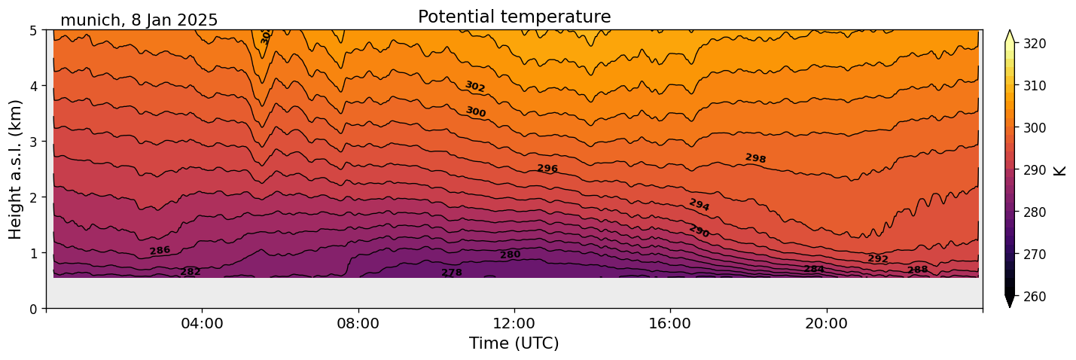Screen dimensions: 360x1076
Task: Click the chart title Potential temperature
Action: coord(514,17)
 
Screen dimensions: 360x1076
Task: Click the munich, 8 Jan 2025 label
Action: coord(139,20)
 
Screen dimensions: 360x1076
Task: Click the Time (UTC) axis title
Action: coord(514,343)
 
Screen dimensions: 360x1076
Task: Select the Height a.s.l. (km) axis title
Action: coord(16,169)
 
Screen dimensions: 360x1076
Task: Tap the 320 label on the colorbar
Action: coord(1034,44)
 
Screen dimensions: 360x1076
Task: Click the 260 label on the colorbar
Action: coord(1034,297)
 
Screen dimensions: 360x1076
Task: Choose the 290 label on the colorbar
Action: coord(1034,170)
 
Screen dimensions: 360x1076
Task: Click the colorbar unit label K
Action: coord(1060,170)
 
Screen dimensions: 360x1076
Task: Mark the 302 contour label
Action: coord(475,87)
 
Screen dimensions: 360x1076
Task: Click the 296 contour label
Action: coord(547,169)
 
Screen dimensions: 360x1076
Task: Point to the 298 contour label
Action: coord(755,158)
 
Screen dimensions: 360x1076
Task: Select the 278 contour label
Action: coord(452,273)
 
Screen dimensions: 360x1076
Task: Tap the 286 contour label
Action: coord(160,251)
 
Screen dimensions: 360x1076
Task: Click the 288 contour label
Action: coord(917,270)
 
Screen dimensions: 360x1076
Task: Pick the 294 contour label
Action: coord(699,205)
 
